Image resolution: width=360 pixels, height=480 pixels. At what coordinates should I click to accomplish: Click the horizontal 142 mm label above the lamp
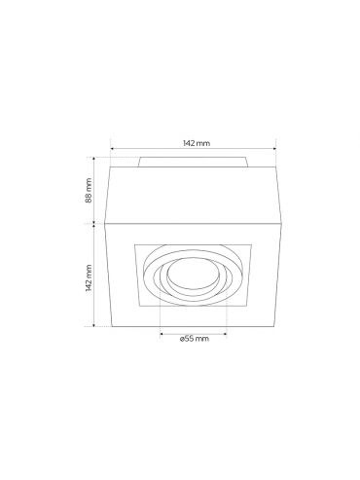click(x=197, y=143)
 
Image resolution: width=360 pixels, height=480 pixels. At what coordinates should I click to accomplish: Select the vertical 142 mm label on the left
click(x=89, y=277)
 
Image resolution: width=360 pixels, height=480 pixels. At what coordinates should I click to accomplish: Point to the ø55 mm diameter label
click(x=194, y=339)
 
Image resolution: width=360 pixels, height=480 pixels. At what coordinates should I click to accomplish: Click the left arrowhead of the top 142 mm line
click(x=112, y=149)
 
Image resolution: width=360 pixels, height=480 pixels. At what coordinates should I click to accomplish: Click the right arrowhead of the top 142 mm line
click(x=274, y=149)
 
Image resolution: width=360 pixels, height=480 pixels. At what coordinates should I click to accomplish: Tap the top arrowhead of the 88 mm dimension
click(x=94, y=159)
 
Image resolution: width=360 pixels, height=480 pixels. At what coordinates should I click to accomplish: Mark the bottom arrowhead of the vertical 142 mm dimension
click(x=94, y=324)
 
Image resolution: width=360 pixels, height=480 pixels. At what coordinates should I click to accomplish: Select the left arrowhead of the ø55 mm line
click(x=162, y=333)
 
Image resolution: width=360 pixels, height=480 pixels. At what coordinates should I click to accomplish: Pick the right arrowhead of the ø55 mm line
click(x=225, y=333)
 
